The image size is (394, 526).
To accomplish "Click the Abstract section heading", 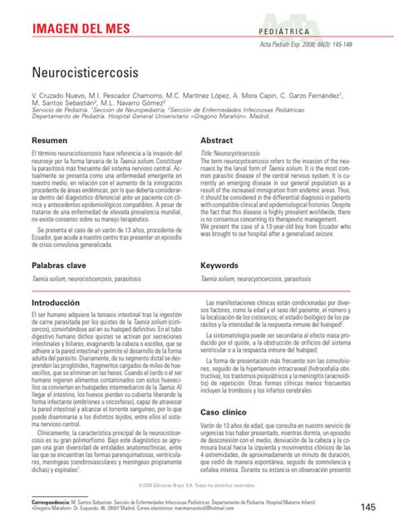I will tap(219, 141).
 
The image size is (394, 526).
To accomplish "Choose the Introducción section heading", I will tap(61, 302).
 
